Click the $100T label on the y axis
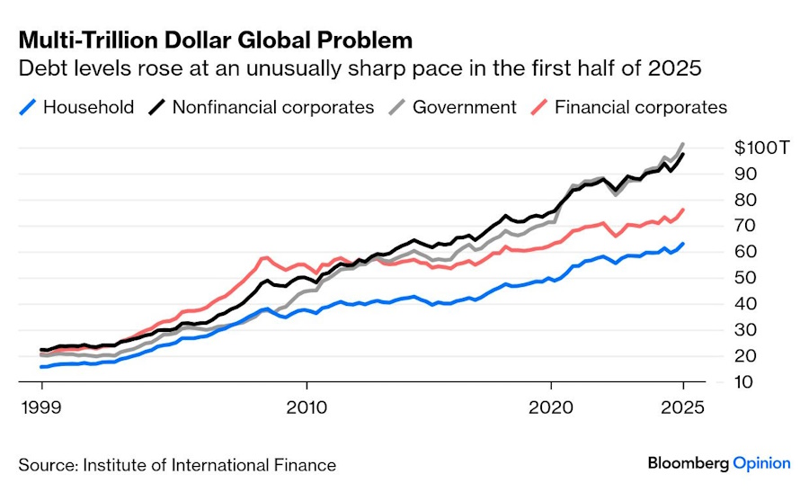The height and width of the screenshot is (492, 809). pyautogui.click(x=760, y=148)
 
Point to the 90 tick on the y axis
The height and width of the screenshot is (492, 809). pyautogui.click(x=744, y=174)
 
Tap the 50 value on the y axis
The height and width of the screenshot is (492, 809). pyautogui.click(x=744, y=278)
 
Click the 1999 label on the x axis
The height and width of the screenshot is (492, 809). pyautogui.click(x=42, y=406)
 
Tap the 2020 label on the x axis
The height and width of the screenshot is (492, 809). pyautogui.click(x=552, y=406)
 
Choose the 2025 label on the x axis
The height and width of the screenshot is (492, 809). pyautogui.click(x=682, y=406)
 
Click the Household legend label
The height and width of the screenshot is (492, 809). pyautogui.click(x=88, y=107)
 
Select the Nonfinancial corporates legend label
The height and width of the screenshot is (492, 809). pyautogui.click(x=272, y=107)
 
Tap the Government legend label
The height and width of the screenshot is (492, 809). pyautogui.click(x=465, y=107)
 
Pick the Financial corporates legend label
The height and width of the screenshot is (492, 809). pyautogui.click(x=641, y=107)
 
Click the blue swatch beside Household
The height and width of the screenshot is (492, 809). pyautogui.click(x=28, y=108)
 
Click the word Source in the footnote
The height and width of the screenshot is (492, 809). pyautogui.click(x=46, y=465)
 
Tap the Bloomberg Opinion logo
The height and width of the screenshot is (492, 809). pyautogui.click(x=719, y=463)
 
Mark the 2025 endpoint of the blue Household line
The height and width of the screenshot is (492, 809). pyautogui.click(x=683, y=243)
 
